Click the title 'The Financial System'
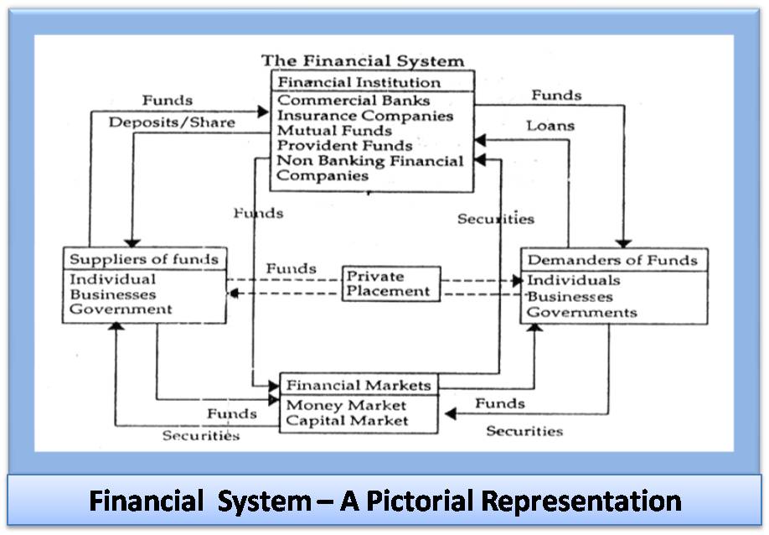(x=362, y=60)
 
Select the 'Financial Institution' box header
(x=359, y=82)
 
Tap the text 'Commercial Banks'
(x=354, y=101)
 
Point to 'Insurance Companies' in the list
(x=365, y=116)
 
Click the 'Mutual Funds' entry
(x=334, y=131)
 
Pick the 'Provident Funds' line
(x=344, y=146)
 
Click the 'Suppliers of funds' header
(x=144, y=259)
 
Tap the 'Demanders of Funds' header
(x=612, y=260)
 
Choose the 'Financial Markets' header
(x=359, y=386)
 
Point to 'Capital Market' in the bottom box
(x=347, y=420)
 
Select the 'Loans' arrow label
(x=550, y=126)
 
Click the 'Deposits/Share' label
(x=172, y=122)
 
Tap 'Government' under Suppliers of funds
(x=121, y=309)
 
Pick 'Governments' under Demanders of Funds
(x=581, y=313)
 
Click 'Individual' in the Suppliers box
(x=112, y=279)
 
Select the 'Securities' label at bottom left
(x=201, y=435)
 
